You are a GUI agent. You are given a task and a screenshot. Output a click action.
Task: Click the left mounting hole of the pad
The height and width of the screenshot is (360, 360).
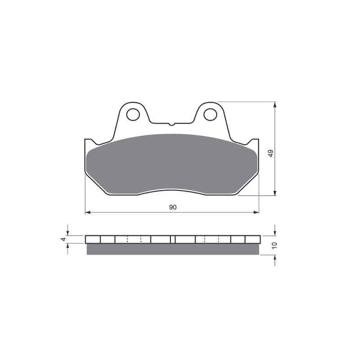tap(133, 114)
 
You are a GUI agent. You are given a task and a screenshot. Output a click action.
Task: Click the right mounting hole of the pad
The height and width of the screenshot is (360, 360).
tap(210, 114)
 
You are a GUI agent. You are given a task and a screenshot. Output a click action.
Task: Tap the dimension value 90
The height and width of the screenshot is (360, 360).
tap(173, 207)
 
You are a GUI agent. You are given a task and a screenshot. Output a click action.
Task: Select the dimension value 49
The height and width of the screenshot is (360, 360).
tap(271, 153)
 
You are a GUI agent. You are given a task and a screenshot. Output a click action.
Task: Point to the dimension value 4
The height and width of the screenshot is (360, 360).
tap(63, 239)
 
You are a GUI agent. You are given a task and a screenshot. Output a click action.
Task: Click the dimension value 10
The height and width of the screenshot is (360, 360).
tap(274, 245)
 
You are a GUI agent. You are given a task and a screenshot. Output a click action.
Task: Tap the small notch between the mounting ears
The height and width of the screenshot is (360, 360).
tap(171, 124)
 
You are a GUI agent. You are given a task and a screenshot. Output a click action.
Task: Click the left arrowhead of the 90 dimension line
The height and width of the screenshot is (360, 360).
tap(88, 212)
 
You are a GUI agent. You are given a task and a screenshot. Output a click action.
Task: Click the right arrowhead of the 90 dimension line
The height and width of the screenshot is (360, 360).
tap(256, 212)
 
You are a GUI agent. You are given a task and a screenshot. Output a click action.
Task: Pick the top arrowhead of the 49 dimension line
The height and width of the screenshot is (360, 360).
tap(275, 104)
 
